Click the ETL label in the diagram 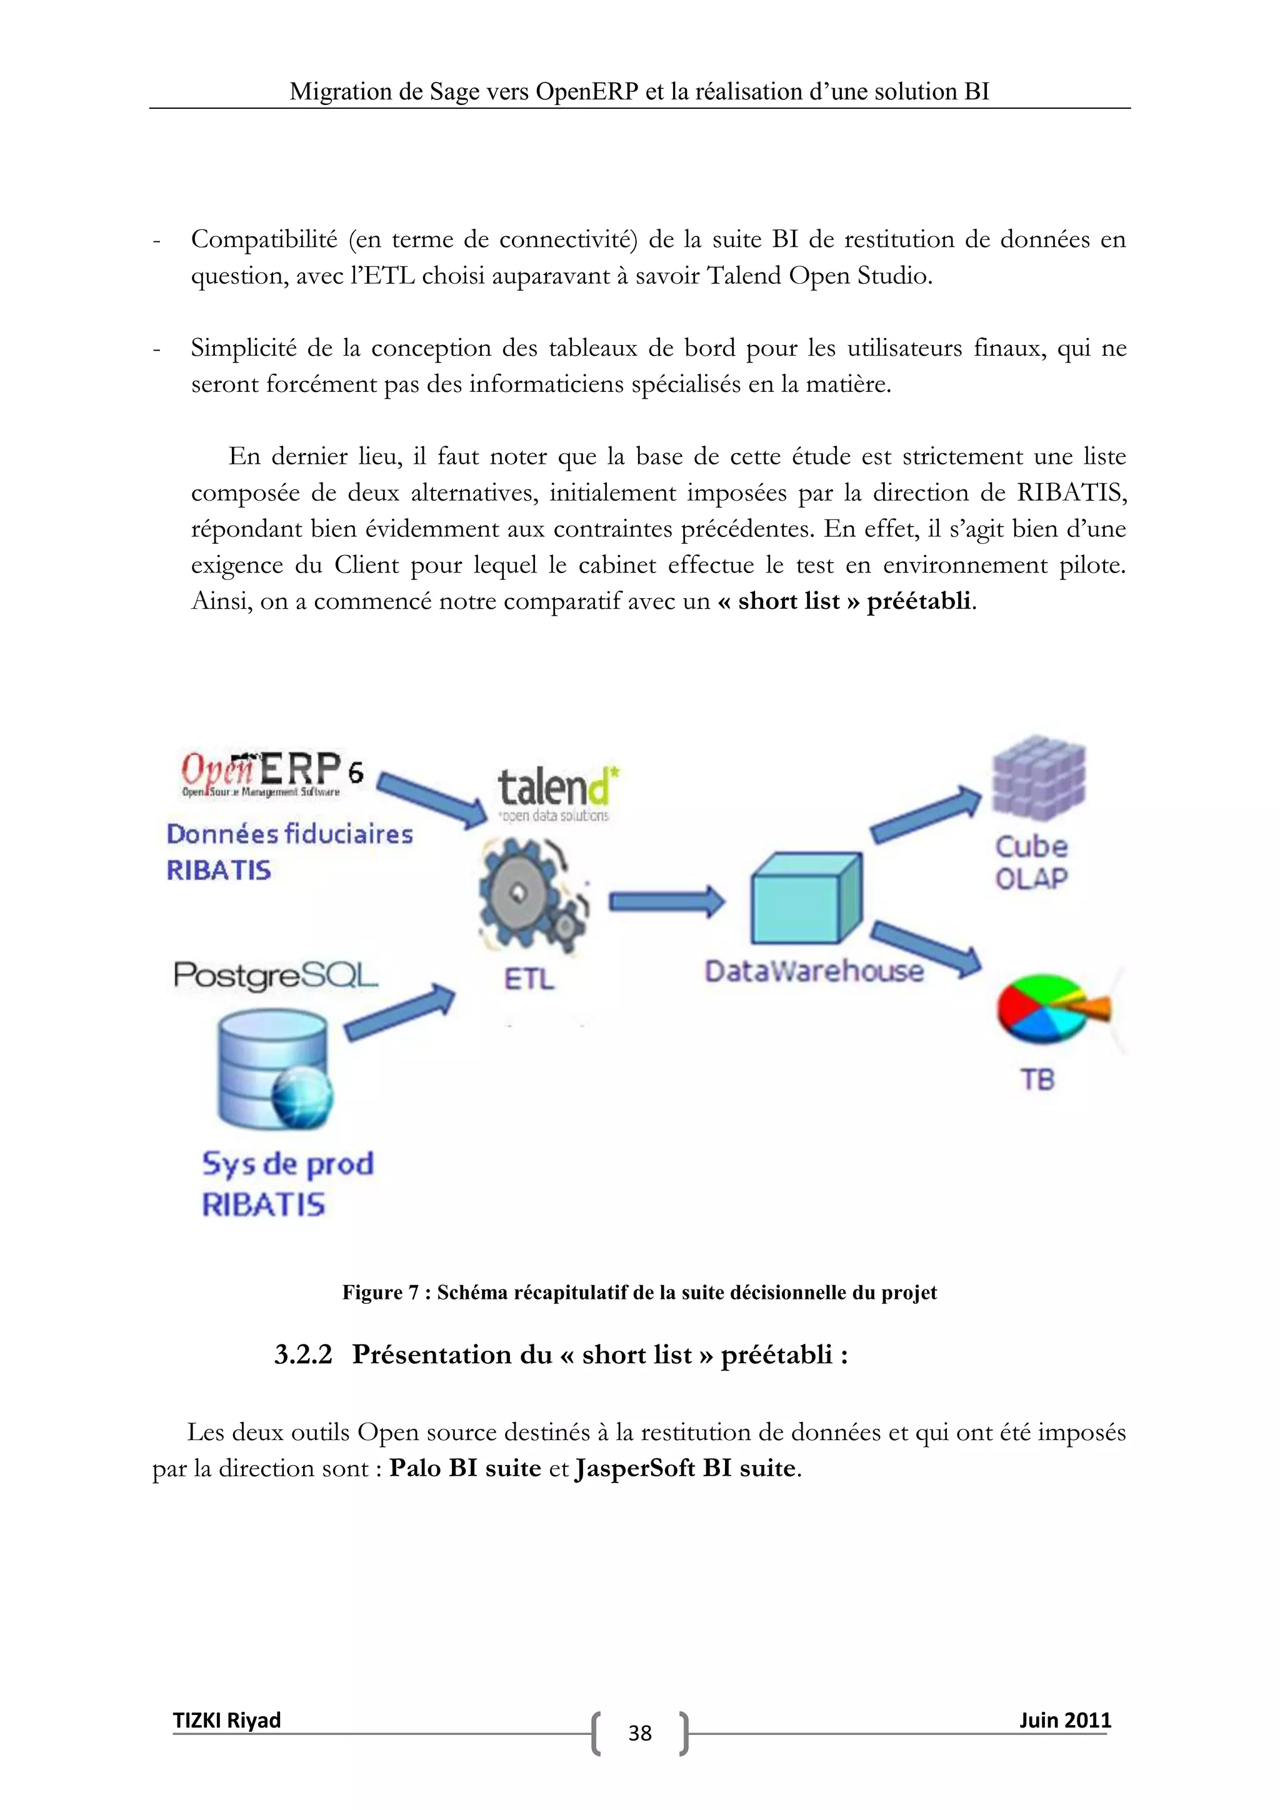529,979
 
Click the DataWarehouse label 813,971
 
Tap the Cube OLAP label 1031,862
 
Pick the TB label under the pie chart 1037,1079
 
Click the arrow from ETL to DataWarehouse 666,901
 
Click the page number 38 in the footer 639,1732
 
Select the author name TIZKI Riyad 227,1720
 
